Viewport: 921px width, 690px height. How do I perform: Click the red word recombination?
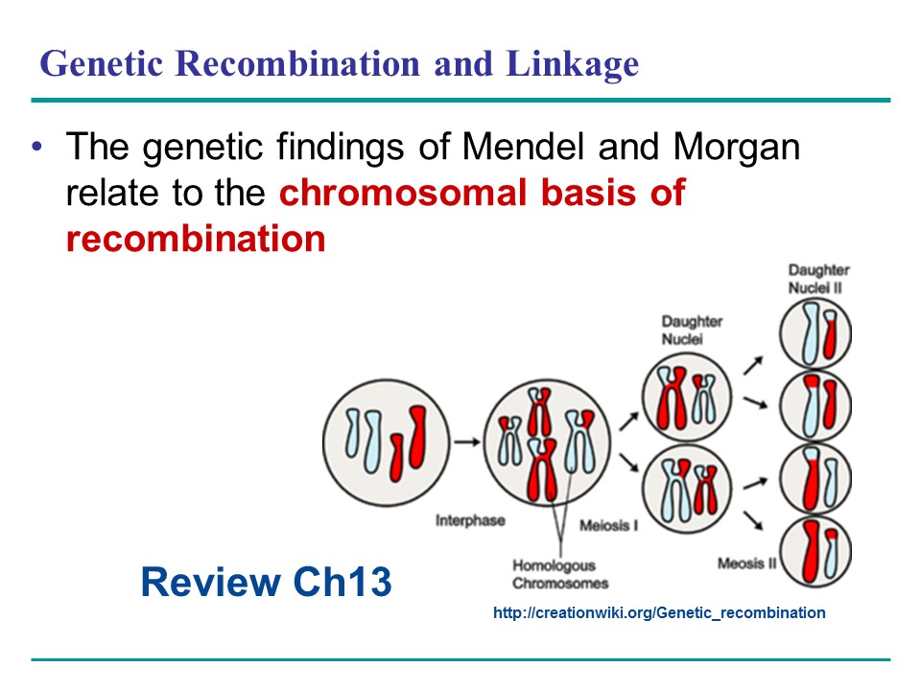196,238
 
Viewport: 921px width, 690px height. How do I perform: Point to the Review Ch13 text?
266,582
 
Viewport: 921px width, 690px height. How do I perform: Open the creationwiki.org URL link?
658,612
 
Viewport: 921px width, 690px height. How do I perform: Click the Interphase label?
470,521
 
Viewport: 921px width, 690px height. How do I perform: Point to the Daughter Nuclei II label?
818,279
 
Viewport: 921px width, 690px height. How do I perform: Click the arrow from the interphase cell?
467,442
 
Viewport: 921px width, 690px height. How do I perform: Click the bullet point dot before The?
37,148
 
